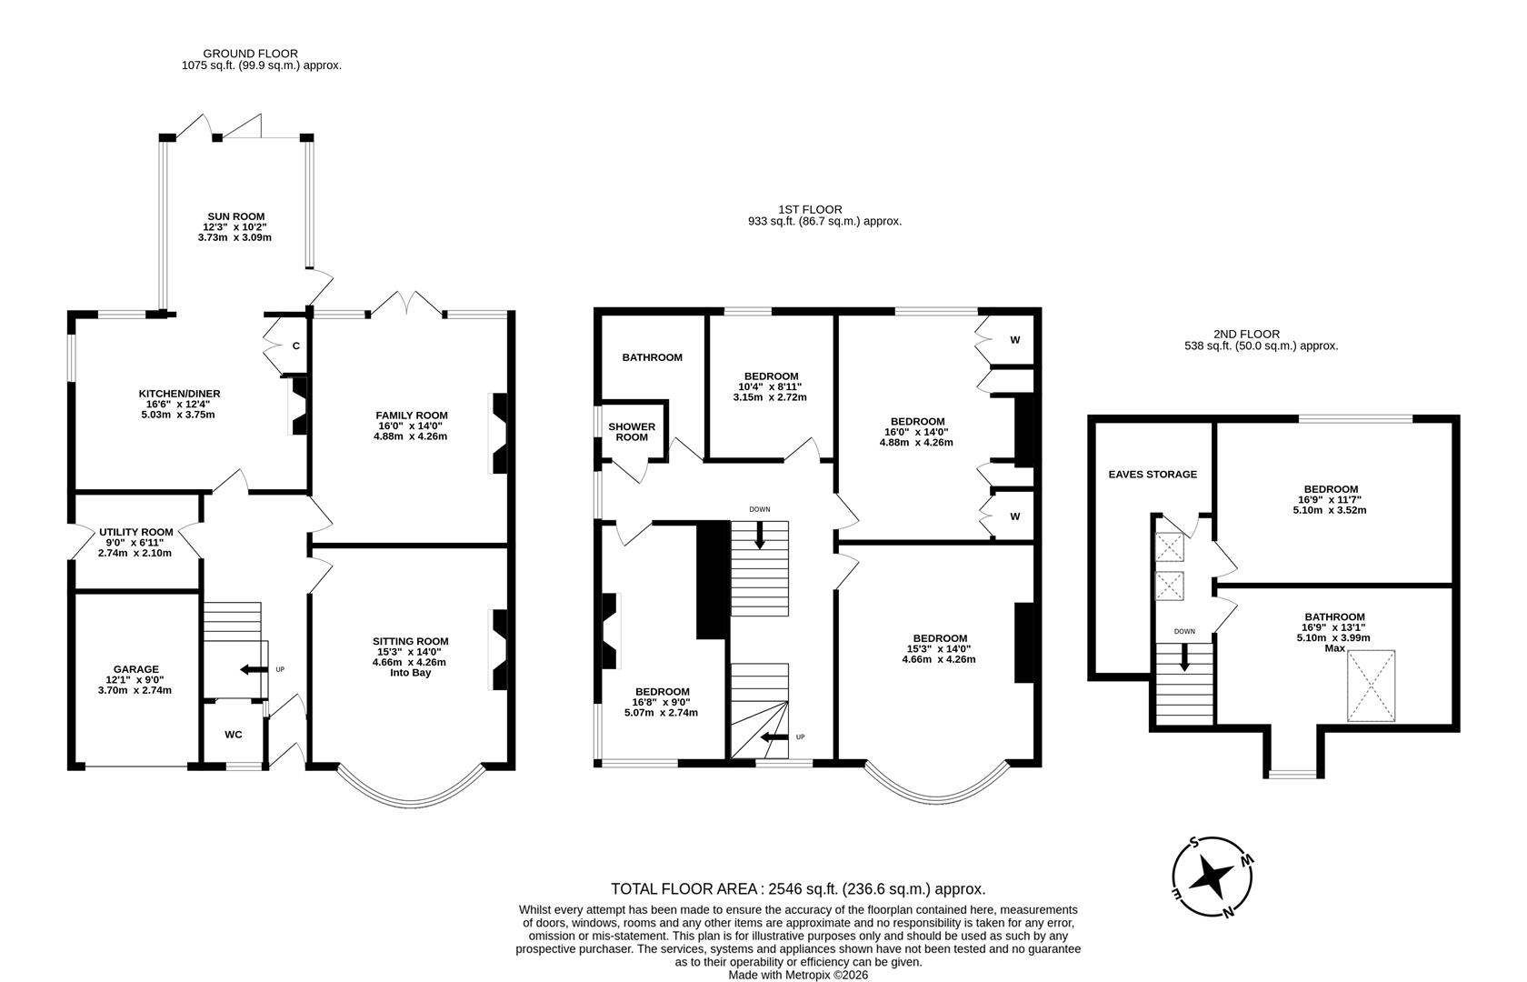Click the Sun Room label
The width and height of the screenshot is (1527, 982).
pos(235,216)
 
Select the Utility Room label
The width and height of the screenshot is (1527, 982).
pos(136,532)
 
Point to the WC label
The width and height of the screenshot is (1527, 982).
pos(234,735)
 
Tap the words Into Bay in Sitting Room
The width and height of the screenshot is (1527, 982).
pos(410,673)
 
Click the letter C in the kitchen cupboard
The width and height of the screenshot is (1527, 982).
pos(296,346)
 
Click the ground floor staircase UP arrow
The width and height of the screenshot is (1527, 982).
pos(247,670)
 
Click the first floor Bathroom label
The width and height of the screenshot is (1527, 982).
pos(652,357)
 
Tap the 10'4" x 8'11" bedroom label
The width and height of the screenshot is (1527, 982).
pos(771,386)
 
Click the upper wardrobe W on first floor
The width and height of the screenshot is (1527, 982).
pos(1014,340)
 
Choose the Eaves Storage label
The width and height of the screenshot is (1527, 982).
pos(1153,474)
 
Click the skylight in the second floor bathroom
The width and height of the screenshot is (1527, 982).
pos(1370,686)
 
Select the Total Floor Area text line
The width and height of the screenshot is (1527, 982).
pos(798,889)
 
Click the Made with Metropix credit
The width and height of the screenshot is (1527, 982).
pos(798,974)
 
